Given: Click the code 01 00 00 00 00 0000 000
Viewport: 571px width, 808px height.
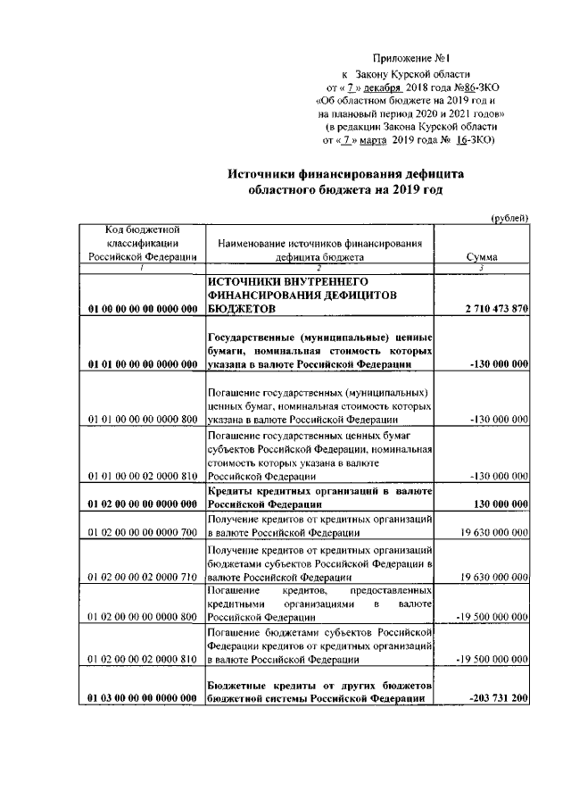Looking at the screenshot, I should coord(143,309).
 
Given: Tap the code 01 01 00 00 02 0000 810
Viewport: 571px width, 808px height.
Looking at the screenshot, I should coord(143,477).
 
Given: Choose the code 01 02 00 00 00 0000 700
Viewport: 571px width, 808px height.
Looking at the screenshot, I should coord(143,531).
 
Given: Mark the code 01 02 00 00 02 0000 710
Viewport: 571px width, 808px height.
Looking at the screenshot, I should coord(143,579).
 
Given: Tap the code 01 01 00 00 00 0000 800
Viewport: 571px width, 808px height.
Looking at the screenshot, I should coord(143,418).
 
